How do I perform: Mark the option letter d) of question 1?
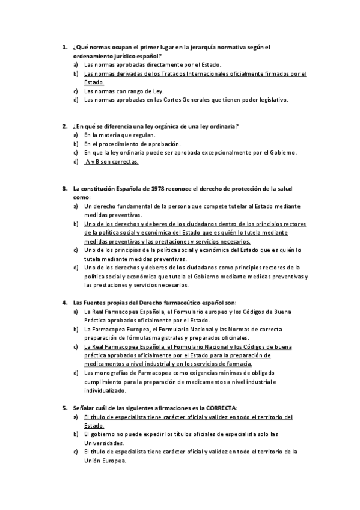pyautogui.click(x=76, y=100)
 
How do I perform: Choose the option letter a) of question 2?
pyautogui.click(x=76, y=135)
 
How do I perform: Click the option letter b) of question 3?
pyautogui.click(x=76, y=223)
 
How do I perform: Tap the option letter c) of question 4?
pyautogui.click(x=76, y=347)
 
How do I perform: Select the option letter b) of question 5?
pyautogui.click(x=76, y=434)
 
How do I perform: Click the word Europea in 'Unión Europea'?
pyautogui.click(x=115, y=460)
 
